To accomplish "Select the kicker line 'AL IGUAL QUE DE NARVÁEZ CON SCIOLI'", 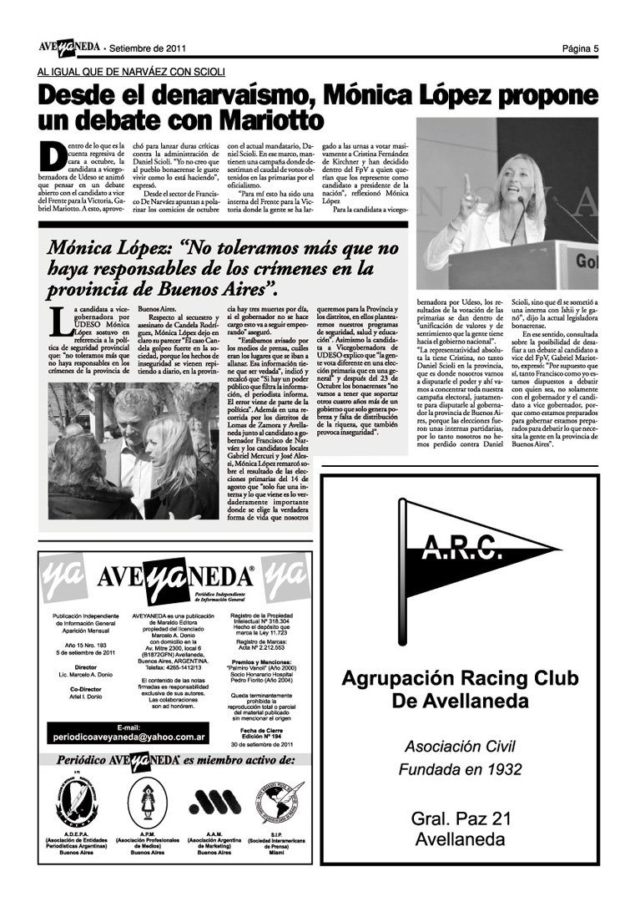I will [x=130, y=73].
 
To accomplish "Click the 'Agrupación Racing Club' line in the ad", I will [x=460, y=677].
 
